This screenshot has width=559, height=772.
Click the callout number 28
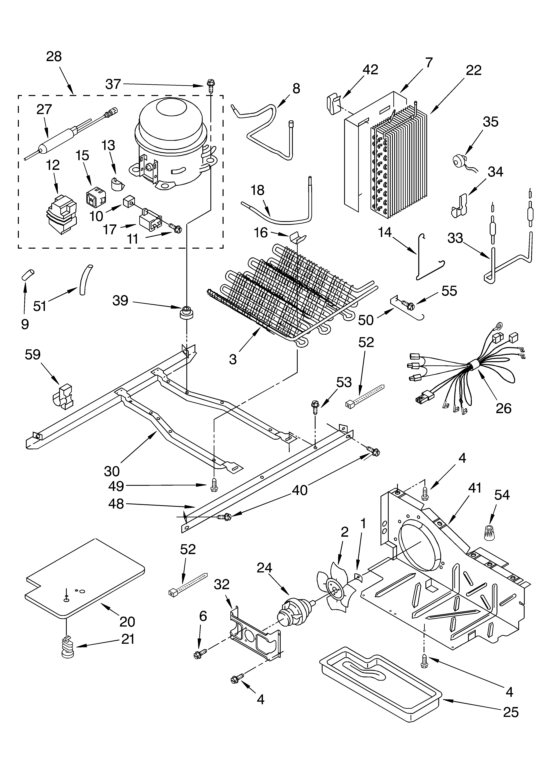coord(54,56)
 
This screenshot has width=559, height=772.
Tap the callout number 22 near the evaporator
coord(474,70)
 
